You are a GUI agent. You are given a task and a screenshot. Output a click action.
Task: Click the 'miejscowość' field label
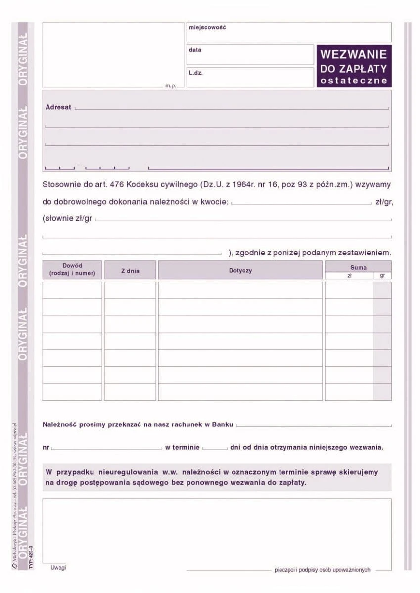207,28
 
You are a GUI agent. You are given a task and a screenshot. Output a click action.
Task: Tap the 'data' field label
195,50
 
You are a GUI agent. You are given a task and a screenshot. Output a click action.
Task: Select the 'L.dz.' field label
196,73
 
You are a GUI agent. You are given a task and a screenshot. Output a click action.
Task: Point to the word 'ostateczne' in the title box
354,81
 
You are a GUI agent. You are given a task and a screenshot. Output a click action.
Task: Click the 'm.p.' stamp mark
171,86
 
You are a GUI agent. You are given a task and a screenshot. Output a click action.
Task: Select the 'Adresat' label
58,107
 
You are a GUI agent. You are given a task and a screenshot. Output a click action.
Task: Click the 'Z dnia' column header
130,271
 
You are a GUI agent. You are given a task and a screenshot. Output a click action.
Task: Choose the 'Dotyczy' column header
240,271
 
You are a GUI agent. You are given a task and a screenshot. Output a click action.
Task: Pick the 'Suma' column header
358,267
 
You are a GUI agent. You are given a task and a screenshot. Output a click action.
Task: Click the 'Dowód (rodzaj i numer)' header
72,270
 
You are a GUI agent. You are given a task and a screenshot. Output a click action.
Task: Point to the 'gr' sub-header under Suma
382,276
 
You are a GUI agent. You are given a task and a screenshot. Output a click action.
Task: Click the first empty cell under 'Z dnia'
130,290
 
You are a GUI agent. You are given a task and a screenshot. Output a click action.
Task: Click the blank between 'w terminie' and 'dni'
214,448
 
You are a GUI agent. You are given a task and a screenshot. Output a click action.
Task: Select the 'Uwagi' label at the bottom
58,568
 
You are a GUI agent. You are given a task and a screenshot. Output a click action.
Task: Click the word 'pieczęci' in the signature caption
284,570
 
